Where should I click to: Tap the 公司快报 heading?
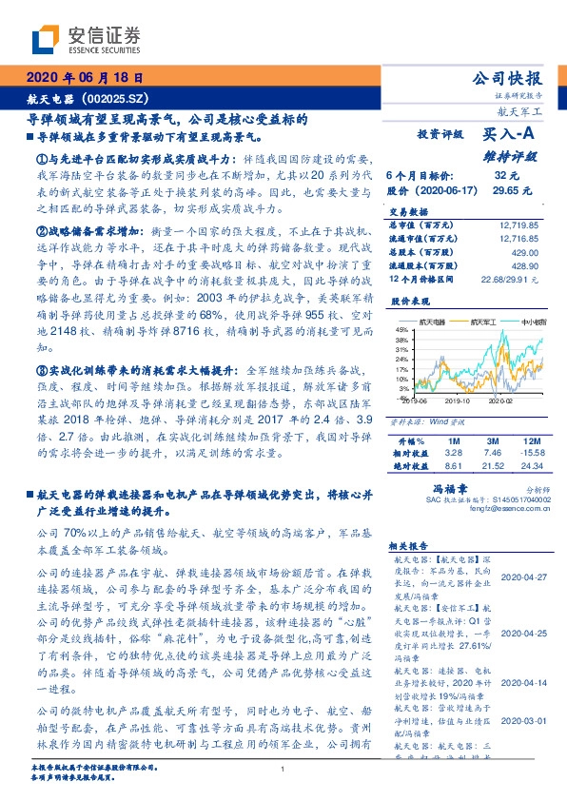point(508,79)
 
